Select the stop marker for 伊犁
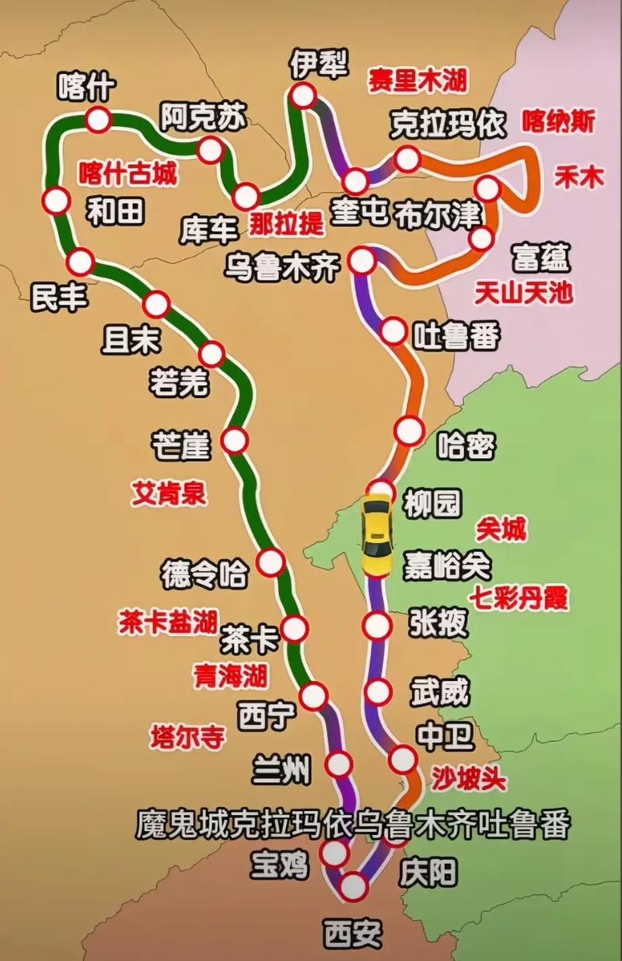(302, 96)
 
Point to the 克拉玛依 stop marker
(407, 159)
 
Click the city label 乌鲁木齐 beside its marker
(282, 267)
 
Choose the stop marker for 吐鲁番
(393, 331)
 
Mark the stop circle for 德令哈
(271, 561)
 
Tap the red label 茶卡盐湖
(168, 621)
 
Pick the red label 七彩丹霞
(518, 599)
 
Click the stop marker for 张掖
(377, 626)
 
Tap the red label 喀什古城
(128, 173)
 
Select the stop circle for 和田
(56, 201)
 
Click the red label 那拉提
(285, 225)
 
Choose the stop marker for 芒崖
(235, 441)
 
